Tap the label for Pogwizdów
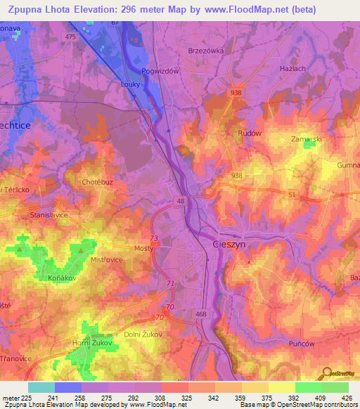tap(162, 71)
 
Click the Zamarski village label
tap(307, 139)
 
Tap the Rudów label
tap(250, 134)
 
